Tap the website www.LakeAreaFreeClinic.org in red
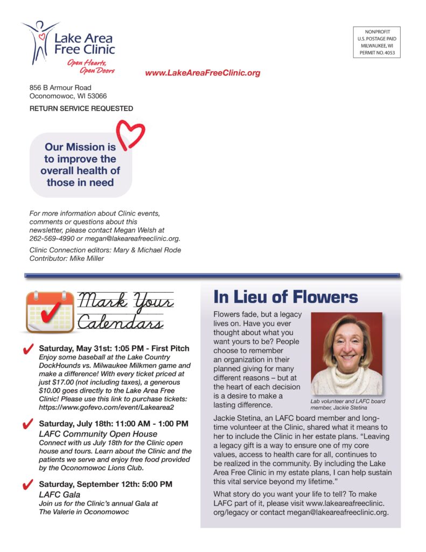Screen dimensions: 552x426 tap(202, 73)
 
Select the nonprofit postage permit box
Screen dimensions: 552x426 tap(377, 43)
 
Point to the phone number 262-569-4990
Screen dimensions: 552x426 tap(52, 238)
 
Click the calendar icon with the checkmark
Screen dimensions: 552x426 tap(50, 312)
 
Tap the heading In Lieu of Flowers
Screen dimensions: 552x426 tap(285, 297)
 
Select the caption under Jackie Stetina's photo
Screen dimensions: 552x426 tap(347, 404)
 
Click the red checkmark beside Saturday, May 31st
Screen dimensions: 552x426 tap(30, 350)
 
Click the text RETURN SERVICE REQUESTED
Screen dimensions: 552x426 tap(81, 108)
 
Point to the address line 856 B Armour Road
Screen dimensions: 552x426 tap(60, 87)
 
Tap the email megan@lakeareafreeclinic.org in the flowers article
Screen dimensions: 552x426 tap(334, 512)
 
